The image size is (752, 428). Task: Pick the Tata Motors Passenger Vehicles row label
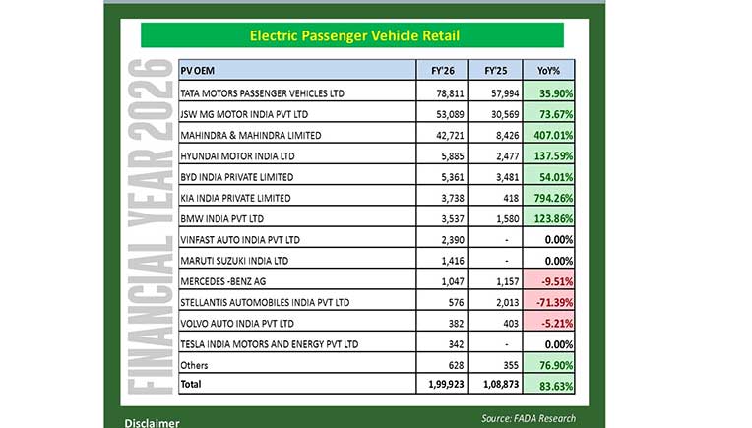[x=263, y=93]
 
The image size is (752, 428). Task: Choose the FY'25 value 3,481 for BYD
[x=502, y=177]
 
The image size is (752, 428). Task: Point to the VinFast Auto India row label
[x=241, y=239]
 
